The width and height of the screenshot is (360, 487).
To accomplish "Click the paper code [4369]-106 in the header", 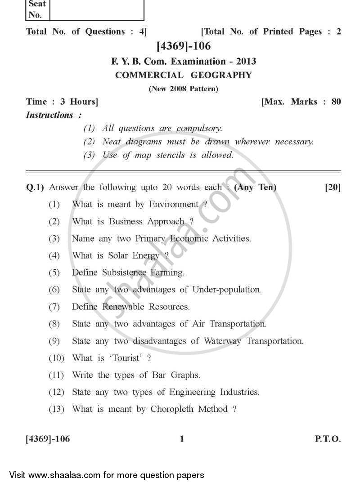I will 183,46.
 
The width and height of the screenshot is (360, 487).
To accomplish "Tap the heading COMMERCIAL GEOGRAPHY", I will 184,75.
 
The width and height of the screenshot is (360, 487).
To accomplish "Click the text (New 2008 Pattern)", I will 184,89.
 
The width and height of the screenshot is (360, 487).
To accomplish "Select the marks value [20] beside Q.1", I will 333,187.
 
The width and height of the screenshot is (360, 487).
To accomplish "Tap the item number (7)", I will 54,307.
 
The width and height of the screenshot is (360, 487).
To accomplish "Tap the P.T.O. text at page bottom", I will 328,439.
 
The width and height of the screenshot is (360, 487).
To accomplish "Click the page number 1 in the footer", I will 182,439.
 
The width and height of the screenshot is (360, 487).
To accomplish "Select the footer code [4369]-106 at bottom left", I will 48,439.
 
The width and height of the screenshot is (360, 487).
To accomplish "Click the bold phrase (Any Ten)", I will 255,187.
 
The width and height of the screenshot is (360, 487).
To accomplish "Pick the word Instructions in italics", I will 49,115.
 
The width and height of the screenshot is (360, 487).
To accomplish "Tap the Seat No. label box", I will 37,9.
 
